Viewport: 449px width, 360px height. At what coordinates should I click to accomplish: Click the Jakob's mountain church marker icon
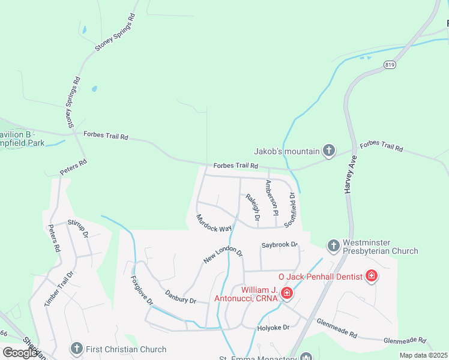pyautogui.click(x=328, y=150)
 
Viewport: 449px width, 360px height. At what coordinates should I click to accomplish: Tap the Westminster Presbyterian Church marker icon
pyautogui.click(x=334, y=245)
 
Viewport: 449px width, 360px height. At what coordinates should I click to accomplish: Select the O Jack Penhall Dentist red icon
pyautogui.click(x=372, y=276)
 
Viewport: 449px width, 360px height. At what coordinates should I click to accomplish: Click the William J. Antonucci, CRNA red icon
pyautogui.click(x=287, y=293)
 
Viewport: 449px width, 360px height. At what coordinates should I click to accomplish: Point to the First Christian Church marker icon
pyautogui.click(x=76, y=349)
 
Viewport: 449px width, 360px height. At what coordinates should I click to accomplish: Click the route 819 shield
pyautogui.click(x=390, y=64)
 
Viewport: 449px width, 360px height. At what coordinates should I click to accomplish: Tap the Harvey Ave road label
pyautogui.click(x=351, y=174)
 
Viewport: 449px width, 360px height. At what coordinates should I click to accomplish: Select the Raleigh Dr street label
pyautogui.click(x=252, y=207)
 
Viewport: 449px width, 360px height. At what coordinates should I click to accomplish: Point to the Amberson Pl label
pyautogui.click(x=272, y=197)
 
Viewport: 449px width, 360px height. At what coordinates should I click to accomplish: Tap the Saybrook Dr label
pyautogui.click(x=280, y=245)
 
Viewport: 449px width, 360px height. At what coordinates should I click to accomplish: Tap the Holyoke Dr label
pyautogui.click(x=274, y=327)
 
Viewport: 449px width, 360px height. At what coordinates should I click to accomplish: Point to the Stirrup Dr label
pyautogui.click(x=79, y=227)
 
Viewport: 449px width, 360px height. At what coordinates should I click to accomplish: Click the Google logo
pyautogui.click(x=20, y=353)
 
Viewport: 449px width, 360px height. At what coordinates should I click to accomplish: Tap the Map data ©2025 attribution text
pyautogui.click(x=423, y=355)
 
